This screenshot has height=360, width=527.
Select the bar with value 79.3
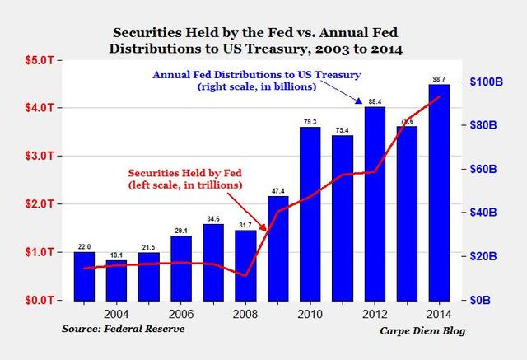(x=310, y=214)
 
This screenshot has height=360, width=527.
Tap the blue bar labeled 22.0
(x=85, y=276)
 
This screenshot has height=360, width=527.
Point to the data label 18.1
(x=116, y=255)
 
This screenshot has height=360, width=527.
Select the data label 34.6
(x=212, y=218)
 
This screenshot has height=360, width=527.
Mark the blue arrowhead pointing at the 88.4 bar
(x=360, y=101)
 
